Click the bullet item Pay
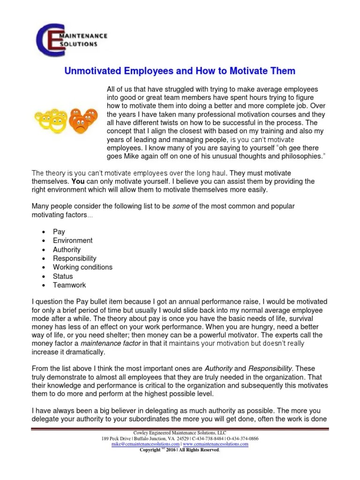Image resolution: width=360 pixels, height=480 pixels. [59, 232]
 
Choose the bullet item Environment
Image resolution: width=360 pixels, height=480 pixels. [73, 240]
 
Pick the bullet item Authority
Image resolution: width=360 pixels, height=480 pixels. [67, 249]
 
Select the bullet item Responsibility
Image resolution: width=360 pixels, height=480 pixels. [75, 258]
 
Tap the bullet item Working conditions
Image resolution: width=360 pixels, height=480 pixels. [82, 267]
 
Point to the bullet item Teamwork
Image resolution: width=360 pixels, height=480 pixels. [69, 285]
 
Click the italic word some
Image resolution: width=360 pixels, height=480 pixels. [181, 206]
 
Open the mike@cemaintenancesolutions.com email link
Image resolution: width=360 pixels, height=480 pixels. [145, 443]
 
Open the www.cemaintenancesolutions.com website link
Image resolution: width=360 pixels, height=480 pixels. [216, 443]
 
